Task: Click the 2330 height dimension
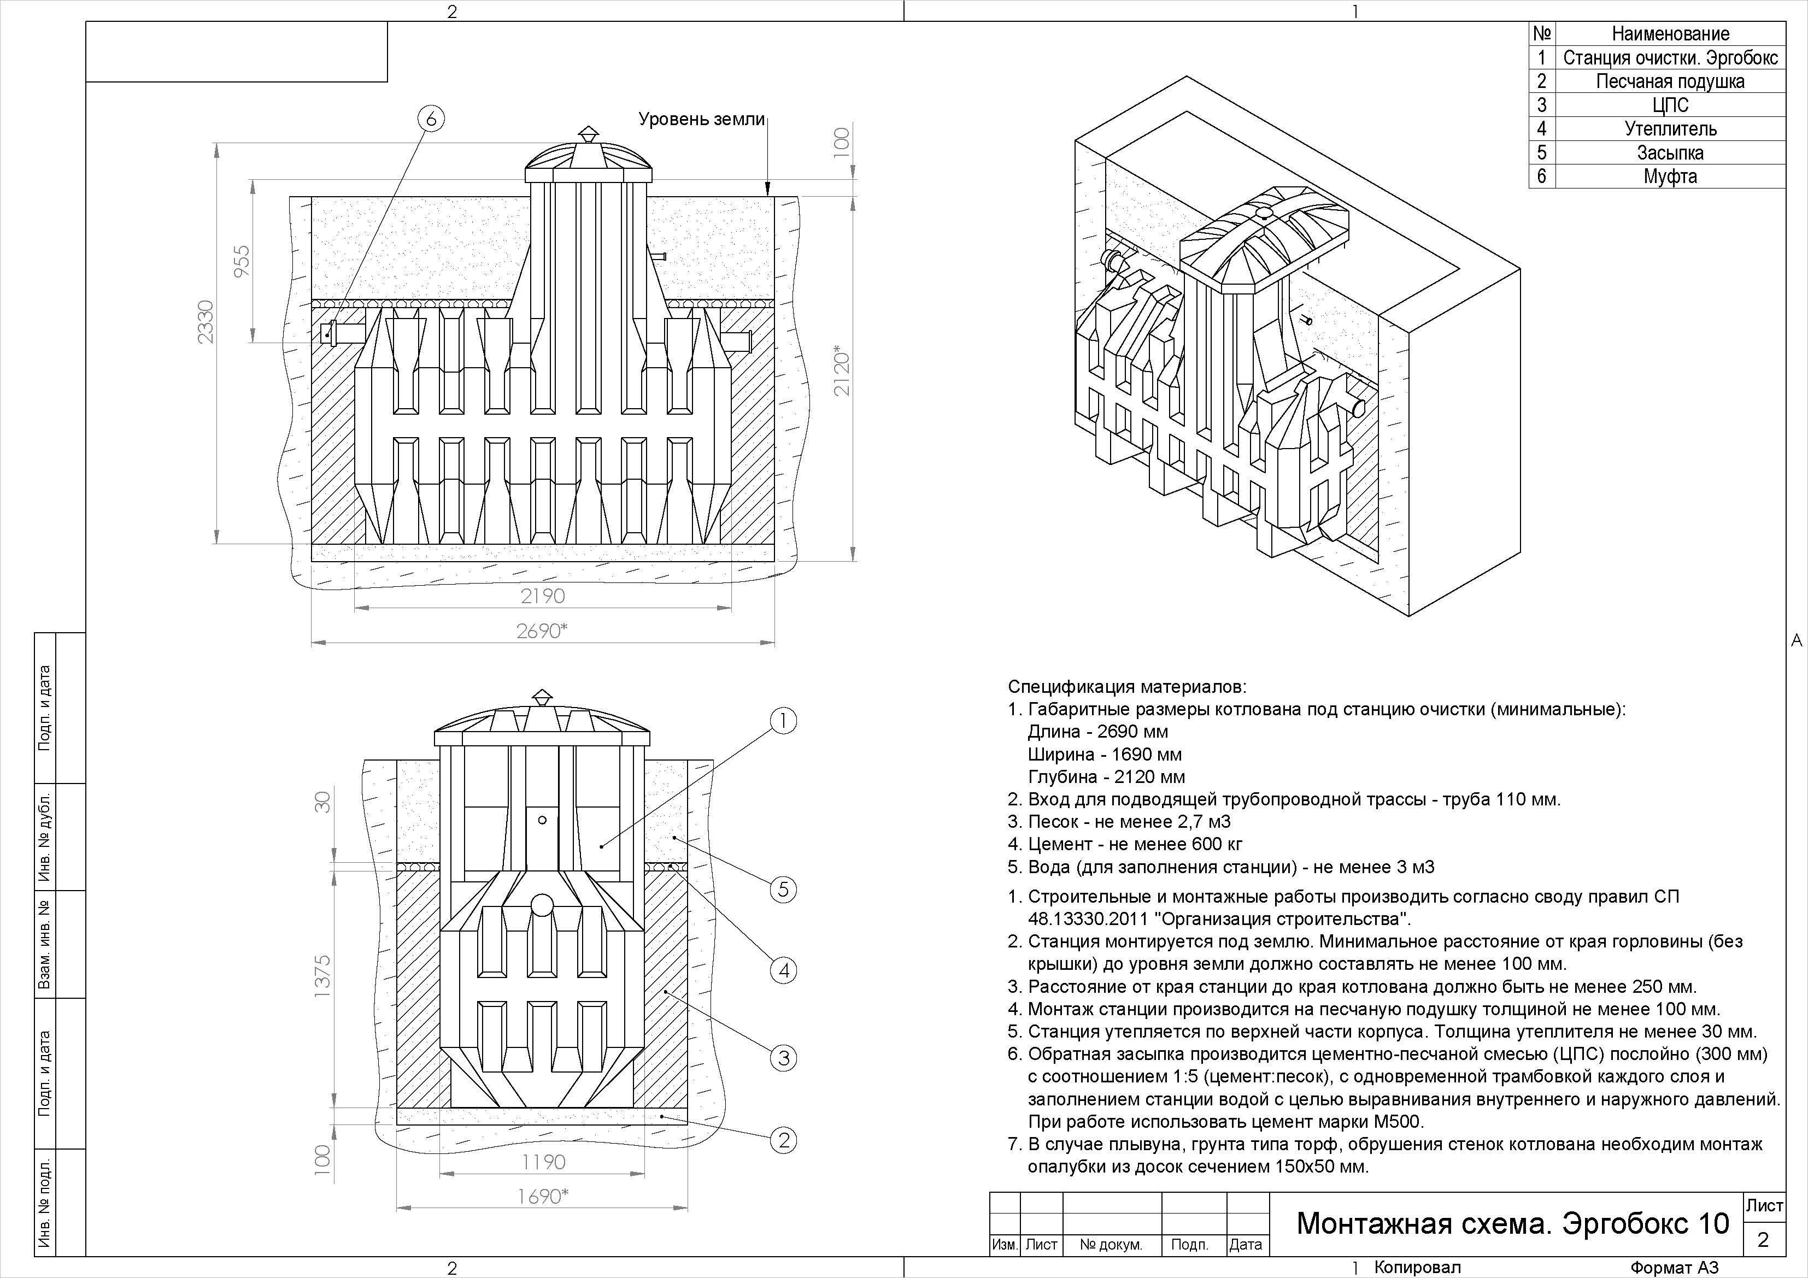tap(206, 321)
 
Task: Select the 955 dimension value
tap(242, 261)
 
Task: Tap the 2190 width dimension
tap(543, 596)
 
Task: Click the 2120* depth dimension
tap(842, 370)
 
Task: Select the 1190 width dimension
tap(543, 1162)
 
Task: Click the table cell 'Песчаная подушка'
tap(1670, 81)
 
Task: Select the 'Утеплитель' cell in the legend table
tap(1670, 129)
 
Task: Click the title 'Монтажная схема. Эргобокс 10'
tap(1513, 1223)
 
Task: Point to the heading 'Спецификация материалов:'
tap(1128, 687)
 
